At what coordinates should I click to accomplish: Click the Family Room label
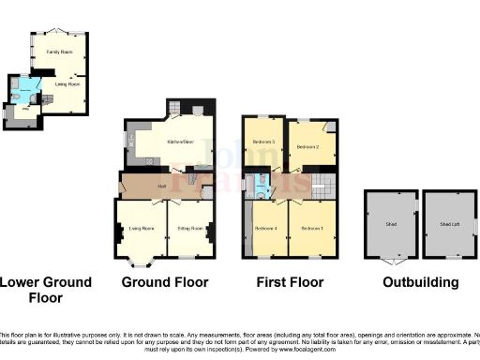(62, 52)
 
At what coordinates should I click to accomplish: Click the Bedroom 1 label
(312, 228)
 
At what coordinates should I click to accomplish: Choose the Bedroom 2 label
(309, 147)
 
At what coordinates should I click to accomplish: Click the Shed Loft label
(447, 225)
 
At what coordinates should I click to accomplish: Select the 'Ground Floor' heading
(166, 282)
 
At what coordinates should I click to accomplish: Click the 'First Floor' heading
(290, 282)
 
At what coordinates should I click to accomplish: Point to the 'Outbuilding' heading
(420, 282)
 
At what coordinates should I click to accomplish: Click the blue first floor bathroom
(262, 184)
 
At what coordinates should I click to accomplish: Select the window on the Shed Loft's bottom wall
(447, 257)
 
